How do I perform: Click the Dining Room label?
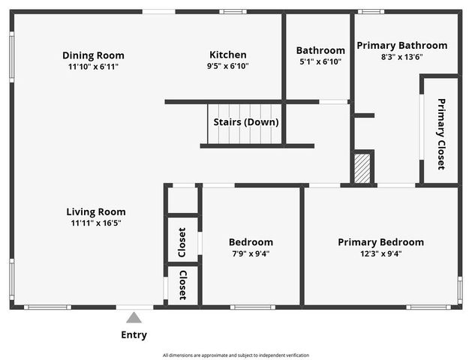(93, 55)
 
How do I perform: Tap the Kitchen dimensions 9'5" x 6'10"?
(227, 66)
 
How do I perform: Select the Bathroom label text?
(320, 50)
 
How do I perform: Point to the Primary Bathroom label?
(401, 45)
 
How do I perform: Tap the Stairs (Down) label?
(246, 122)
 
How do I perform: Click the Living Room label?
(95, 211)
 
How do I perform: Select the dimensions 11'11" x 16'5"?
(95, 223)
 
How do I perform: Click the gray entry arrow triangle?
(134, 317)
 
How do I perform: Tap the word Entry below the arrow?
(134, 335)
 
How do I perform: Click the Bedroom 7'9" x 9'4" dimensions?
(251, 253)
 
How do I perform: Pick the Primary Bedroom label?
(380, 241)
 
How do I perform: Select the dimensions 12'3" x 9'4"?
(380, 253)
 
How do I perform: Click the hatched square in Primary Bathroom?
(362, 169)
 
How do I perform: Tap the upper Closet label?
(182, 240)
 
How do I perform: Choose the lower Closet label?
(182, 284)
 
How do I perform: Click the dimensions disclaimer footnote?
(236, 355)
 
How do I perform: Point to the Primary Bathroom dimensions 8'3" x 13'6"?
(401, 56)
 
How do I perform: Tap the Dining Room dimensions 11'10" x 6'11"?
(93, 66)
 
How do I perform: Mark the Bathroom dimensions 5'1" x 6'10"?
(320, 61)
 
